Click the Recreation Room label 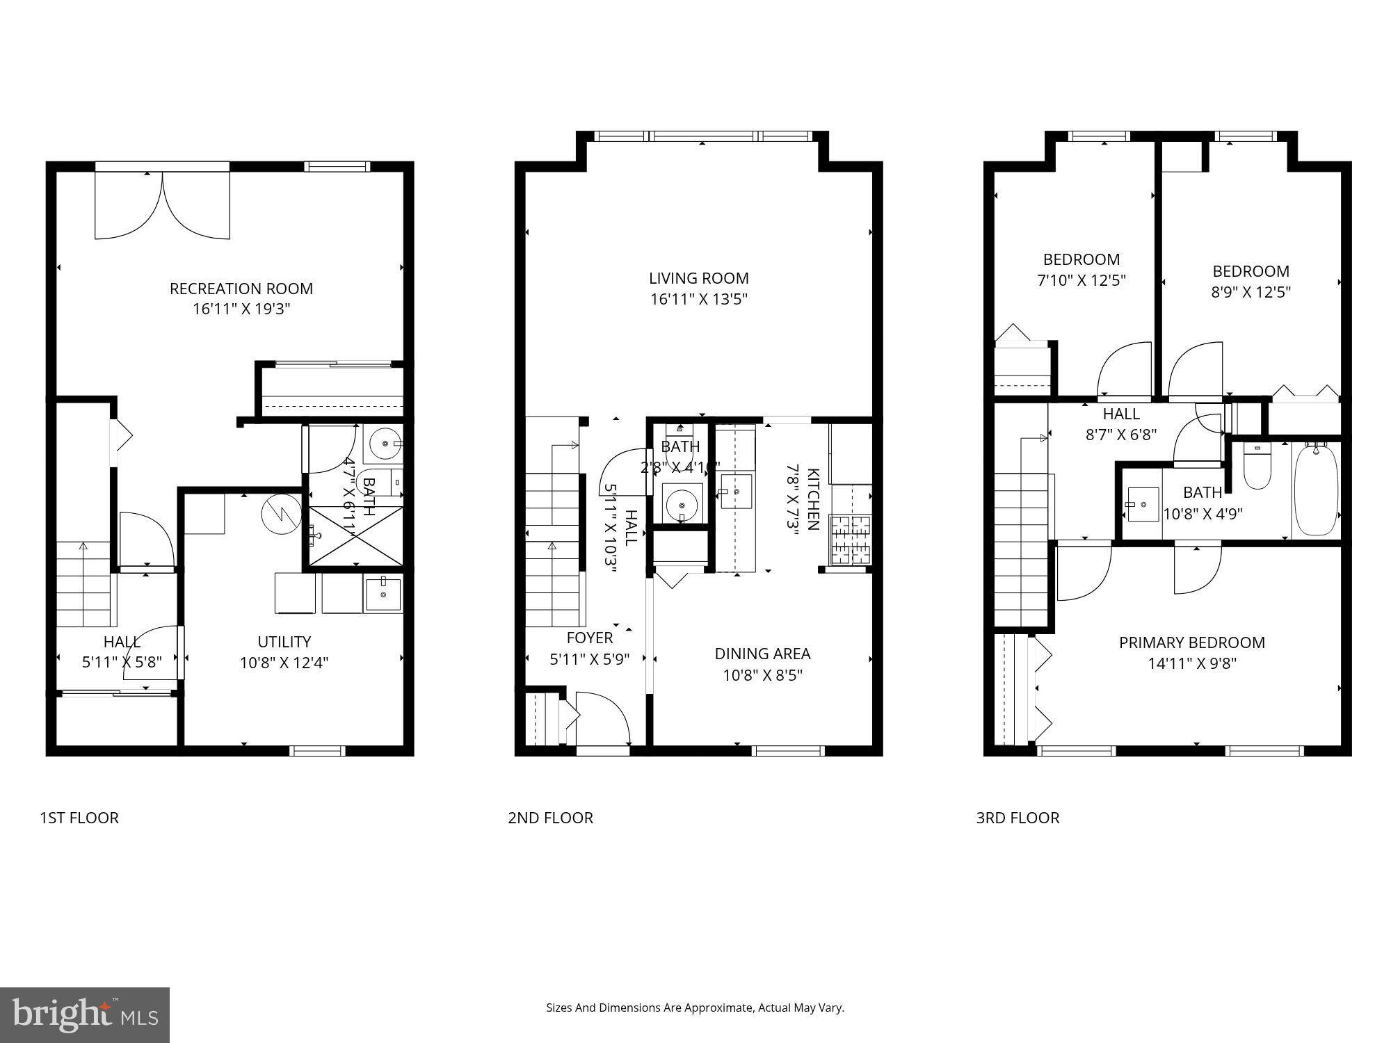click(241, 289)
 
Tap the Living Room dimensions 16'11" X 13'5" click(698, 300)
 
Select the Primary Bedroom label click(1191, 642)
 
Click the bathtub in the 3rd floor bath click(1316, 490)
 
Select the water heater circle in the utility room click(281, 514)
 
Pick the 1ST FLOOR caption click(79, 818)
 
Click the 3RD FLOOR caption click(1018, 818)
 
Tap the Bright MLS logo click(84, 1014)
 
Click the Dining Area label click(762, 654)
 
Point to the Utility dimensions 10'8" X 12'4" click(284, 663)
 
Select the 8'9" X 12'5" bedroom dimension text click(1251, 292)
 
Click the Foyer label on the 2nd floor click(590, 638)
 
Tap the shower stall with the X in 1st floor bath click(355, 536)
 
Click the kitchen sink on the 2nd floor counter click(736, 492)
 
